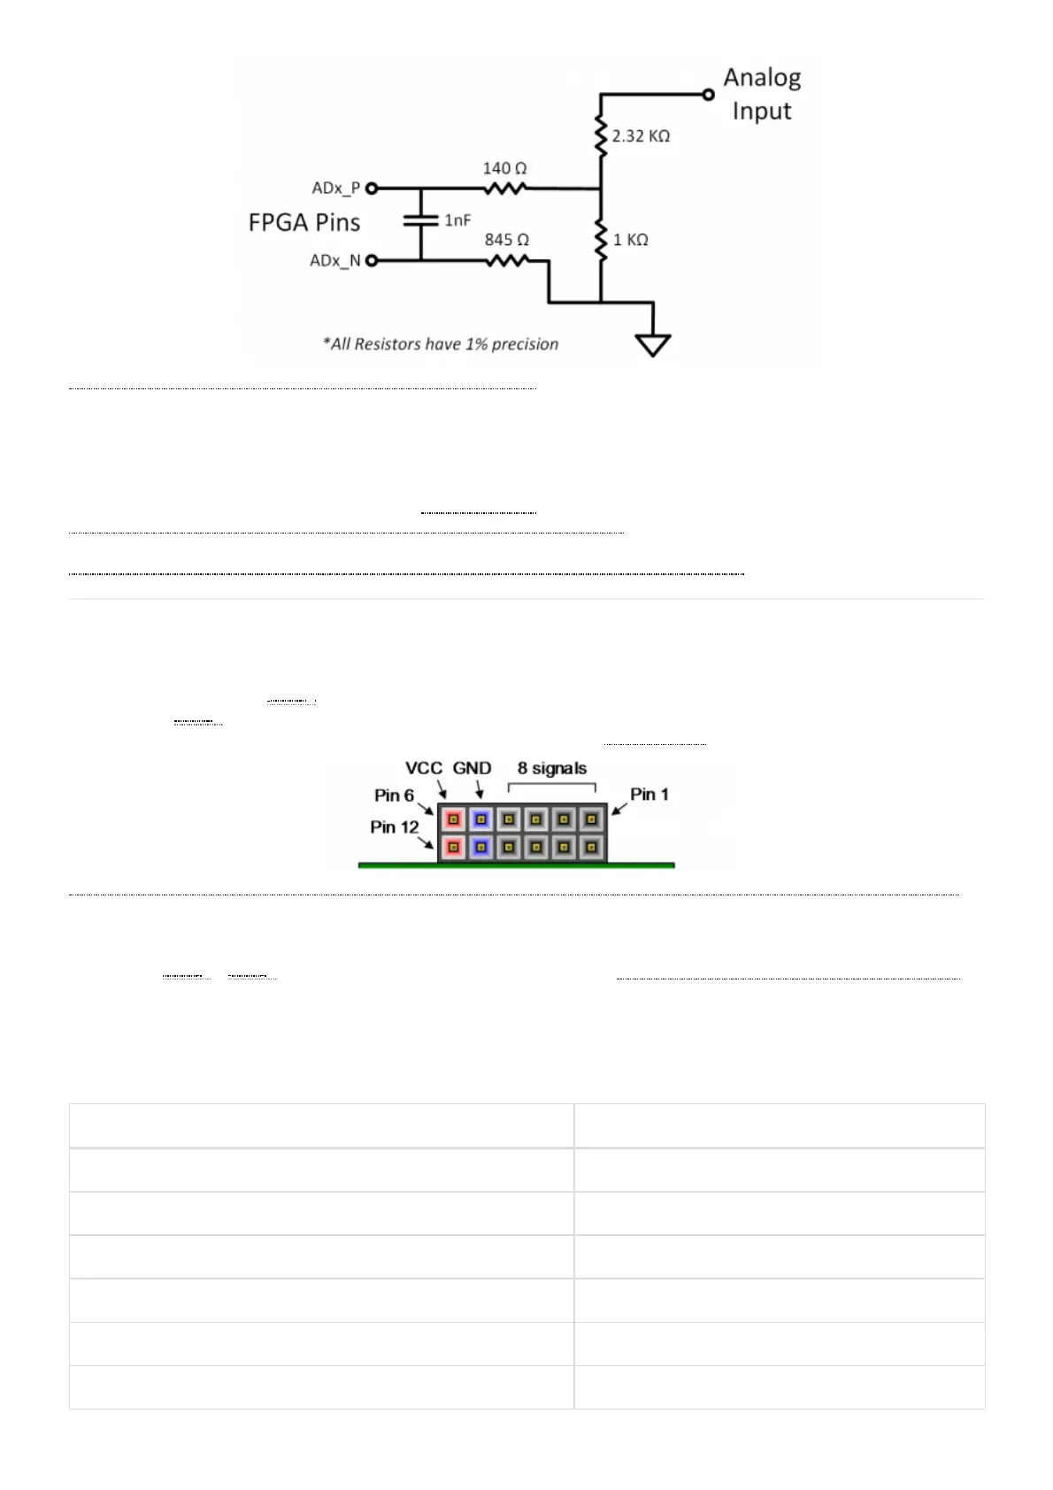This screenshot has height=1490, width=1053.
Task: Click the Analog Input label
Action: click(762, 94)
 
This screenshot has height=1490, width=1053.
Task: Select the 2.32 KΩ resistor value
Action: click(641, 136)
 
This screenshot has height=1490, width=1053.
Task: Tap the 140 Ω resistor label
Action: click(504, 168)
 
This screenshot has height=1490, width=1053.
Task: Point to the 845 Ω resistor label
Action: click(506, 240)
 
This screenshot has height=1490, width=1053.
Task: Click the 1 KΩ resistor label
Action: click(630, 240)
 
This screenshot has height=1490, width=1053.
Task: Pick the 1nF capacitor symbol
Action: click(420, 221)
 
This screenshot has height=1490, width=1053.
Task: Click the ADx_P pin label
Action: click(335, 188)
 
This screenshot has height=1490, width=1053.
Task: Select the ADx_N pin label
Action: click(334, 261)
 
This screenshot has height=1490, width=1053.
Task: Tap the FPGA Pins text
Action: click(304, 222)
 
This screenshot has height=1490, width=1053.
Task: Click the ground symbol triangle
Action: click(653, 344)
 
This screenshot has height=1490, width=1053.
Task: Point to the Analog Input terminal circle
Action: click(708, 95)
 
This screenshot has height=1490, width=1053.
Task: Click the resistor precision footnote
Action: click(441, 344)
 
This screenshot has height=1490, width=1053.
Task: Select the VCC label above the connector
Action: click(423, 768)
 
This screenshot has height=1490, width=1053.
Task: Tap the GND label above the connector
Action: click(472, 768)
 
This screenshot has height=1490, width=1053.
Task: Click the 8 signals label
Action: click(552, 768)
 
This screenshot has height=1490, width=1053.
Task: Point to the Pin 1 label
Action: click(649, 795)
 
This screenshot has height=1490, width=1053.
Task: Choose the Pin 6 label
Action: click(394, 795)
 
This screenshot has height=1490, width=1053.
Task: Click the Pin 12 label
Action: click(394, 827)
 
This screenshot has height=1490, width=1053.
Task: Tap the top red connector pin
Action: click(453, 818)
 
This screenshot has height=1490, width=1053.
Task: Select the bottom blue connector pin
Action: click(480, 848)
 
